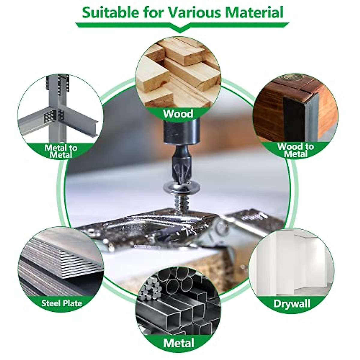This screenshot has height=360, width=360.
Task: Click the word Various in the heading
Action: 193,13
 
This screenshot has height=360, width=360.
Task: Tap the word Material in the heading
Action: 255,13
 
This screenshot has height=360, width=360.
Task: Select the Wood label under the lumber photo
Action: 178,114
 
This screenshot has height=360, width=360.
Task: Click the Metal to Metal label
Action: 61,151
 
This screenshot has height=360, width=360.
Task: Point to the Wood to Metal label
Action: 295,150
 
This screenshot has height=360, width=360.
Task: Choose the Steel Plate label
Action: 61,303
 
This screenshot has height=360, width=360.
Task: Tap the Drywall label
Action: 292,304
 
